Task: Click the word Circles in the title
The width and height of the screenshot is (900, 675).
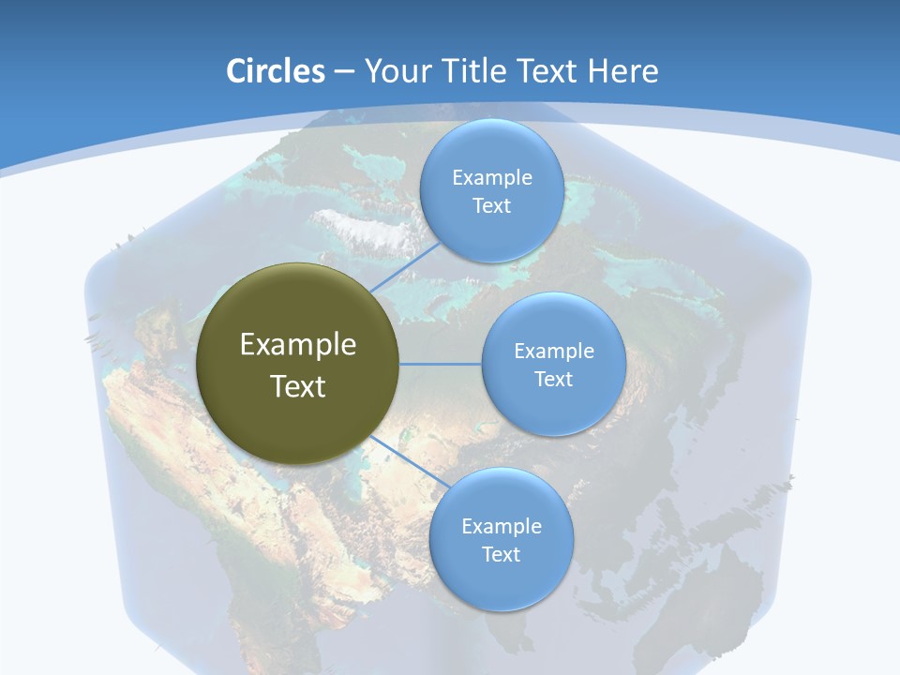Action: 275,71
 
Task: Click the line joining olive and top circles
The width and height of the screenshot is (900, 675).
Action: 405,266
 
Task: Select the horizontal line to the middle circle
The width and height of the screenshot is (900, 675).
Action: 441,364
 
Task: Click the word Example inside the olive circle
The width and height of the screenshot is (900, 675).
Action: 298,345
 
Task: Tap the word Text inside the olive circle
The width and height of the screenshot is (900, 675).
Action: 298,386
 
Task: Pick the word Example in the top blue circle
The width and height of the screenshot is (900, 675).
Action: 491,178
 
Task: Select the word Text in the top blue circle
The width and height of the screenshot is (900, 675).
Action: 491,206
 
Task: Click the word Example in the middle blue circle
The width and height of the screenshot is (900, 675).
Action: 553,352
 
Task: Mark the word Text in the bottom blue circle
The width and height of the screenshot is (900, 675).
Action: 501,555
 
